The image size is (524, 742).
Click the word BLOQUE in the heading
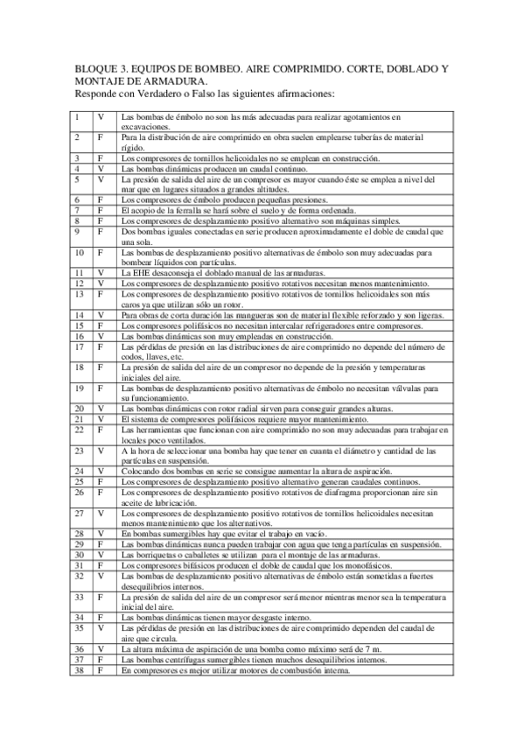(99, 67)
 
